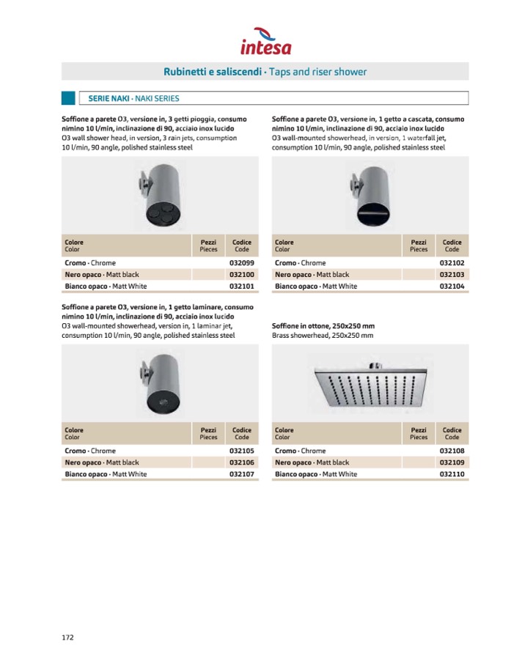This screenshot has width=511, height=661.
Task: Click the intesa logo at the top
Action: click(x=265, y=42)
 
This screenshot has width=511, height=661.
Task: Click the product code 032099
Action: click(x=241, y=263)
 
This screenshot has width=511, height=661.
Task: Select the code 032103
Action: click(x=452, y=275)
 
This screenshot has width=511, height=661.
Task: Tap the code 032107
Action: click(x=241, y=474)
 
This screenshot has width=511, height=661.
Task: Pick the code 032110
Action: click(x=452, y=474)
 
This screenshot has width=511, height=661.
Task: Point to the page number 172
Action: click(x=67, y=637)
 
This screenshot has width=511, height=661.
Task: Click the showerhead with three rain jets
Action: click(x=159, y=196)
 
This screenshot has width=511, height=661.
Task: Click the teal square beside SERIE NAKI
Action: click(x=68, y=98)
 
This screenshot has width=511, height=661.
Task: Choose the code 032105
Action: click(x=241, y=451)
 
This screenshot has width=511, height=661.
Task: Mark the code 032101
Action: click(x=241, y=287)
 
